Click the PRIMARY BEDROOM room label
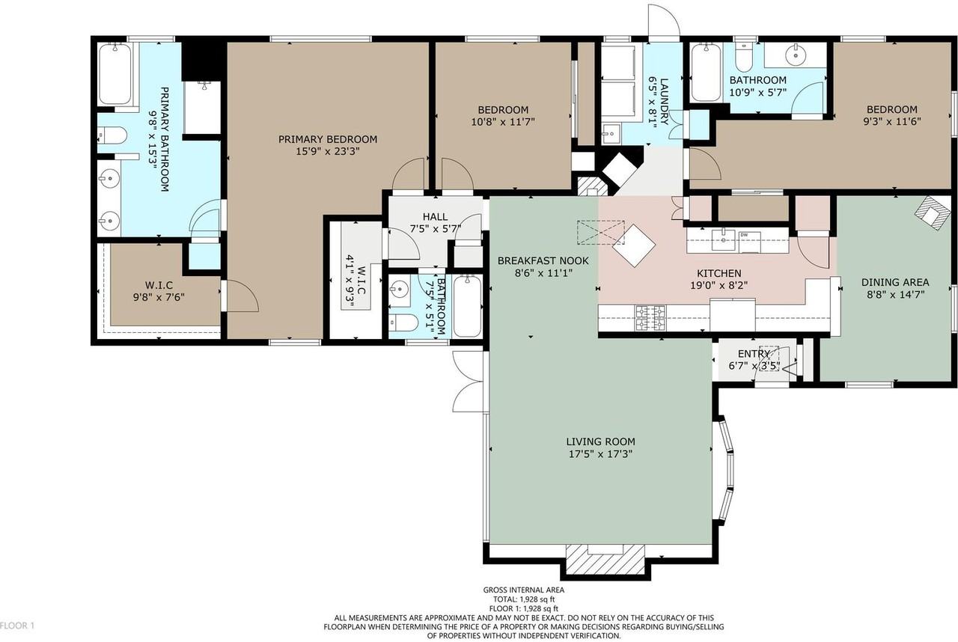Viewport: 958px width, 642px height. point(328,139)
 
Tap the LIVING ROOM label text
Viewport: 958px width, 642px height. point(600,441)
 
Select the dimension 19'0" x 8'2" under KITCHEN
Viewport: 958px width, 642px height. point(719,285)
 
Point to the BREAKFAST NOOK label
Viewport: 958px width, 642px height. point(543,261)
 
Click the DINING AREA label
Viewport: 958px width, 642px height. point(895,282)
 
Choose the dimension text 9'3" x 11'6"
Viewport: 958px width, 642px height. point(891,120)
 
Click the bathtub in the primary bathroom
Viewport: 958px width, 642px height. point(115,74)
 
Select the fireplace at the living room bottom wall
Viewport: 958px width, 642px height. point(605,558)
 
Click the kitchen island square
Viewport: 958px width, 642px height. point(634,245)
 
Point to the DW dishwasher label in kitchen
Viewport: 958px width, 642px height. point(744,235)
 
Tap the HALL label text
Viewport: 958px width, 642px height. point(434,216)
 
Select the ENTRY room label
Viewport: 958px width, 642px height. point(754,354)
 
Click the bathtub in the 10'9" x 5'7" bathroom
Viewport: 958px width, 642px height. point(705,73)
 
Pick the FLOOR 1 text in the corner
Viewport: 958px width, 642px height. point(18,625)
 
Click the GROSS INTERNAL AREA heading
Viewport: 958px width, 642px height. point(524,590)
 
